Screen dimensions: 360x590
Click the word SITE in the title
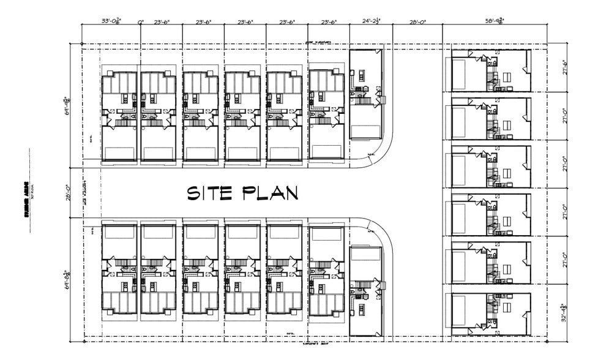point(209,193)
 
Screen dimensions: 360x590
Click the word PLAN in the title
point(269,193)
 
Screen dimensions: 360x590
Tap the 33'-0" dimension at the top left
point(111,21)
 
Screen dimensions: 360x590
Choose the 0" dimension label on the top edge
point(141,21)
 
